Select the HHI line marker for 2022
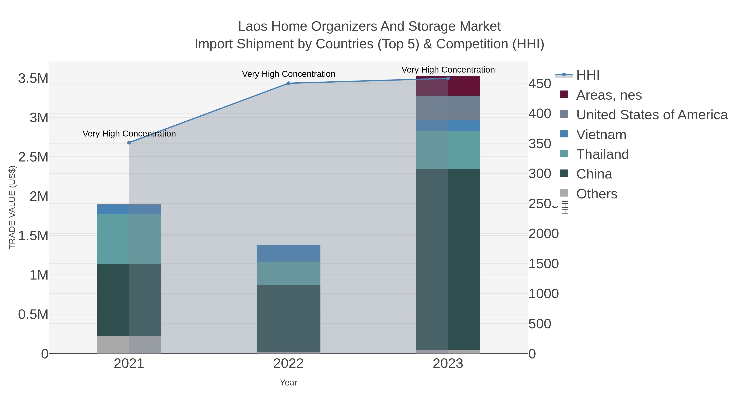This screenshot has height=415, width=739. tap(288, 83)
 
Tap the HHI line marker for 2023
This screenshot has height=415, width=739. tap(448, 78)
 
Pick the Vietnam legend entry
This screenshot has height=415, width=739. tap(601, 135)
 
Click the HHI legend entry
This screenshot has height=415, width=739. tap(588, 75)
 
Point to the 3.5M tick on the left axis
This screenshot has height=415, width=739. tap(33, 78)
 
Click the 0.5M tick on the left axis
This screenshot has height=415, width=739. tap(33, 314)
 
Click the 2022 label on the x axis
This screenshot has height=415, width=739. tap(288, 364)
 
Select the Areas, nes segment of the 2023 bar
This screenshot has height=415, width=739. tap(448, 86)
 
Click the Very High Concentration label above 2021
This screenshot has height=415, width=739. tap(129, 134)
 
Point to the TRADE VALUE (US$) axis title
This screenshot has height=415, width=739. tap(12, 207)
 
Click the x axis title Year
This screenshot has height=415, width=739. tap(288, 383)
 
